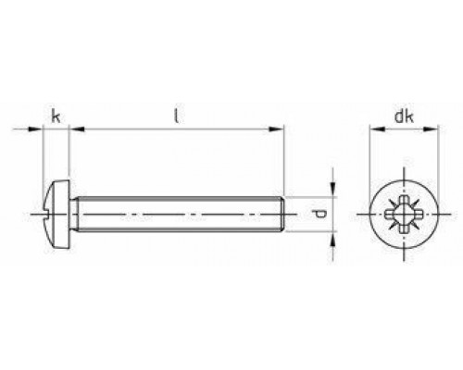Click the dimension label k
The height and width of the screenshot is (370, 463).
56,117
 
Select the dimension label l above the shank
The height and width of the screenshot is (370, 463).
177,117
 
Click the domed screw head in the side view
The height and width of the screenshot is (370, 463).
57,214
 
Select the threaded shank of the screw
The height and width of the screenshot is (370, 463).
176,214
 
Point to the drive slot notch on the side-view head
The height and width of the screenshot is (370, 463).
47,214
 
